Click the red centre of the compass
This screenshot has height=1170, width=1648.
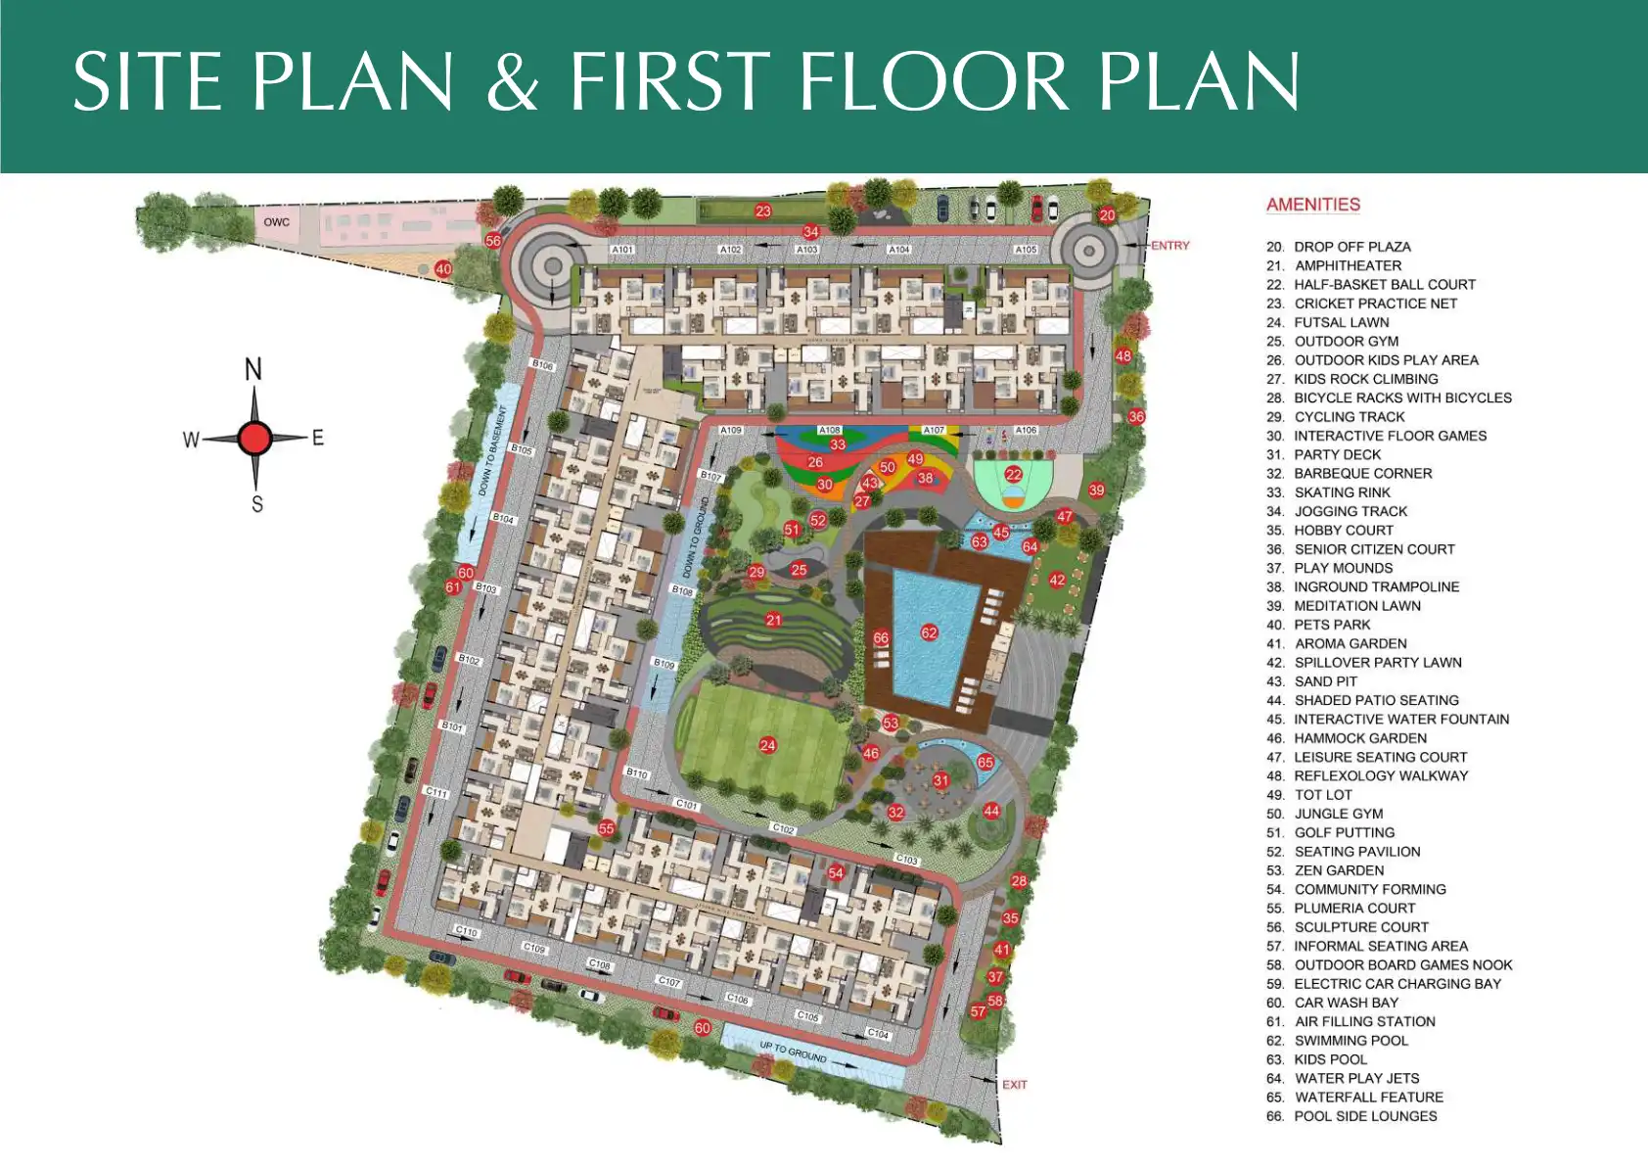point(254,438)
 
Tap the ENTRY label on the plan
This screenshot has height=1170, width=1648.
point(1169,246)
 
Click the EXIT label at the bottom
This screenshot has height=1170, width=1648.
point(1015,1085)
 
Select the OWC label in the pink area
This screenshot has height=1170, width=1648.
point(277,222)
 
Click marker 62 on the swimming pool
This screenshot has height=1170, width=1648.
point(929,632)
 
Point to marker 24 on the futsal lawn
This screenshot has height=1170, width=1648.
point(767,745)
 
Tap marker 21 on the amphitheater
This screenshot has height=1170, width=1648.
point(774,620)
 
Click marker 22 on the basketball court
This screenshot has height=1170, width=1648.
point(1014,474)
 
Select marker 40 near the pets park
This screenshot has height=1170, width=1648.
point(443,269)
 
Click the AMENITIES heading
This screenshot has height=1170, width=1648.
point(1312,205)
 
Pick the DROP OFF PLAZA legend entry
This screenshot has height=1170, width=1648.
point(1351,247)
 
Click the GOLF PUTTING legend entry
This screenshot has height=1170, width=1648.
point(1344,832)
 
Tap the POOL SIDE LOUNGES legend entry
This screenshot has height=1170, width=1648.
point(1365,1116)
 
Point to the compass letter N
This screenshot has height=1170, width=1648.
point(253,370)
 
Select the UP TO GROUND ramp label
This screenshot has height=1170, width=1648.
point(793,1053)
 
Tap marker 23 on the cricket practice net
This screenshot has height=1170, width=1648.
point(763,211)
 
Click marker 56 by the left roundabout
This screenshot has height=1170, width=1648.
point(492,241)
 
